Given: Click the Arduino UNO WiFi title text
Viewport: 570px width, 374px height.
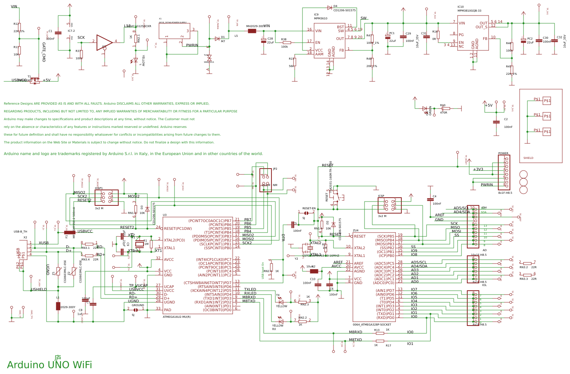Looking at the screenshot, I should tap(49, 365).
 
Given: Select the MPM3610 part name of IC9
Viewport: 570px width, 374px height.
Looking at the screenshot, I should tap(320, 18).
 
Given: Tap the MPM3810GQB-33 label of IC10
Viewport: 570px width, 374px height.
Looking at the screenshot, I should tap(469, 11).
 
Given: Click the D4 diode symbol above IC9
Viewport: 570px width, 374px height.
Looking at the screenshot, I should tap(329, 7).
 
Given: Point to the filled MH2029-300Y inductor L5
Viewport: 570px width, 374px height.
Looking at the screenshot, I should tap(252, 31).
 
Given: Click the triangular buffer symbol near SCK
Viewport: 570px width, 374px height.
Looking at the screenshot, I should tap(104, 42).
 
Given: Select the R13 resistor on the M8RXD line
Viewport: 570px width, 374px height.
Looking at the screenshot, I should tap(380, 333).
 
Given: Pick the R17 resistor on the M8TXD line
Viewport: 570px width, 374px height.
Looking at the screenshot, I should tap(380, 341).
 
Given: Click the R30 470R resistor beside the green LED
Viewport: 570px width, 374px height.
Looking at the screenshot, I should tap(446, 109).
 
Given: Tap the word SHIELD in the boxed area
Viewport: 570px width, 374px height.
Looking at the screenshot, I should tap(528, 158).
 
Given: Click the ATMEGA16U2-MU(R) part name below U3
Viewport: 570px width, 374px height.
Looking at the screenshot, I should tap(176, 317).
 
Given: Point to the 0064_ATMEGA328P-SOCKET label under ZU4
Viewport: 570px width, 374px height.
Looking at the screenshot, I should tap(372, 324).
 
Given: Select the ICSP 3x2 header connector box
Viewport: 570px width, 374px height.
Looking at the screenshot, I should tap(389, 205).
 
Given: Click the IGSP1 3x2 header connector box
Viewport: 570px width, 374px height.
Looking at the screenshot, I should tap(107, 198).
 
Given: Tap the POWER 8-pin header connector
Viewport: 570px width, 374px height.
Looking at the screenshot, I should tap(504, 172).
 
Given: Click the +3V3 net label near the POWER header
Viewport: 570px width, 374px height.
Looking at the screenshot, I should tap(478, 169).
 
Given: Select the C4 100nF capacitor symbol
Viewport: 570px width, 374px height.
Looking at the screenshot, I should tap(430, 199).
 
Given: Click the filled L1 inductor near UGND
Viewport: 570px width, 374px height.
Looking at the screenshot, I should tap(58, 306).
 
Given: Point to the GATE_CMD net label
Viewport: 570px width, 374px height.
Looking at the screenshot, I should tap(44, 52).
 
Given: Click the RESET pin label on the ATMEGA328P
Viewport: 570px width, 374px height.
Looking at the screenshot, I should tap(359, 236).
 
